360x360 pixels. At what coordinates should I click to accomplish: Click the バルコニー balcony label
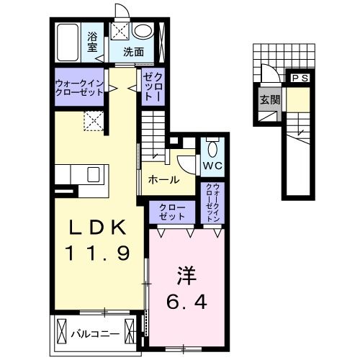(95, 333)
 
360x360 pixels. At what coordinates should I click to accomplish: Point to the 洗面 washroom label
(132, 52)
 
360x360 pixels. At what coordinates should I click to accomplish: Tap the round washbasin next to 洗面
(144, 31)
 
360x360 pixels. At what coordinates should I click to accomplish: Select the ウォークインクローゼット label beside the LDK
(79, 91)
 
